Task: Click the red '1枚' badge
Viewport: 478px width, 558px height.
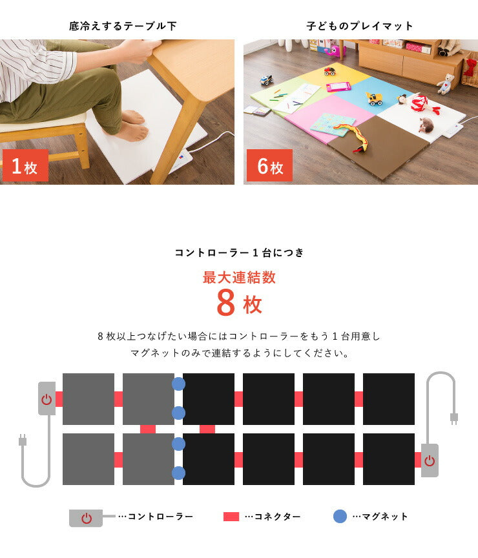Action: coord(25,165)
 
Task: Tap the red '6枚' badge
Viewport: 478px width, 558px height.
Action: coord(269,165)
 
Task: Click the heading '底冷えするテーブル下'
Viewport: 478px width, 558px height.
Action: coord(123,26)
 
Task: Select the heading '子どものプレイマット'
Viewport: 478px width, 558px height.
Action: coord(360,26)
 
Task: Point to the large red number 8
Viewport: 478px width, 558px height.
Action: coord(225,303)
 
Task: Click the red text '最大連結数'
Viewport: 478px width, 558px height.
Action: coord(239,278)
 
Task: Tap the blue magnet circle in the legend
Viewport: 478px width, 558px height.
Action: coord(340,517)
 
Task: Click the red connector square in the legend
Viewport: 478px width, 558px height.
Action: coord(231,517)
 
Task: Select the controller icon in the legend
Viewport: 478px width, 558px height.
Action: coord(86,518)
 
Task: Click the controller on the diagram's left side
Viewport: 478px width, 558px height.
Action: coord(47,398)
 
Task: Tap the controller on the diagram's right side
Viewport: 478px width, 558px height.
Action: coord(430,460)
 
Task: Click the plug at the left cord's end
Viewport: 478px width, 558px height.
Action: coord(23,440)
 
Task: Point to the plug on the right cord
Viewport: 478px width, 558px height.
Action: coord(454,418)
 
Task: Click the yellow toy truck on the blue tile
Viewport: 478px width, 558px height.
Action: coord(374,99)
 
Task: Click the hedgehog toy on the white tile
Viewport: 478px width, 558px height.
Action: coord(426,125)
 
